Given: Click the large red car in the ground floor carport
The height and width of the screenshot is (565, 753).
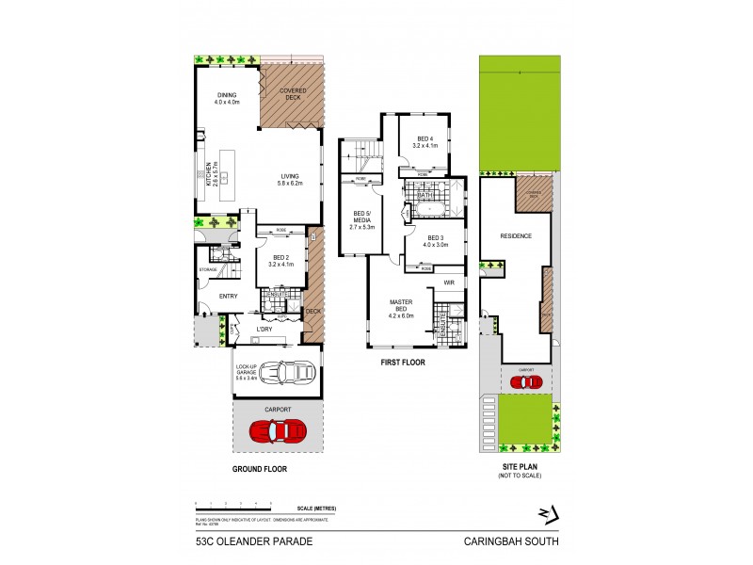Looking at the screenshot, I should tap(278, 430).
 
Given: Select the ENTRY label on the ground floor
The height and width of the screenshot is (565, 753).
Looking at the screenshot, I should tap(228, 297).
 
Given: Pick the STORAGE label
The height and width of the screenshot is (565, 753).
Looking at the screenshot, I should tap(208, 269).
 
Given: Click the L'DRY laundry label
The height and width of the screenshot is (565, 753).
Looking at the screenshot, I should tap(264, 329).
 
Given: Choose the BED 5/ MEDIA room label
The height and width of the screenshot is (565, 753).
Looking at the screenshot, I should tap(362, 219).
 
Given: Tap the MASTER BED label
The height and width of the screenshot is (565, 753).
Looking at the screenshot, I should tap(402, 308).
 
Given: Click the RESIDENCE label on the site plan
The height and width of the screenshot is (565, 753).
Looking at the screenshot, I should tap(516, 236).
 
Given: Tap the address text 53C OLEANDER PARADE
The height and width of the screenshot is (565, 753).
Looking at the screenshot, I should tap(246, 541).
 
